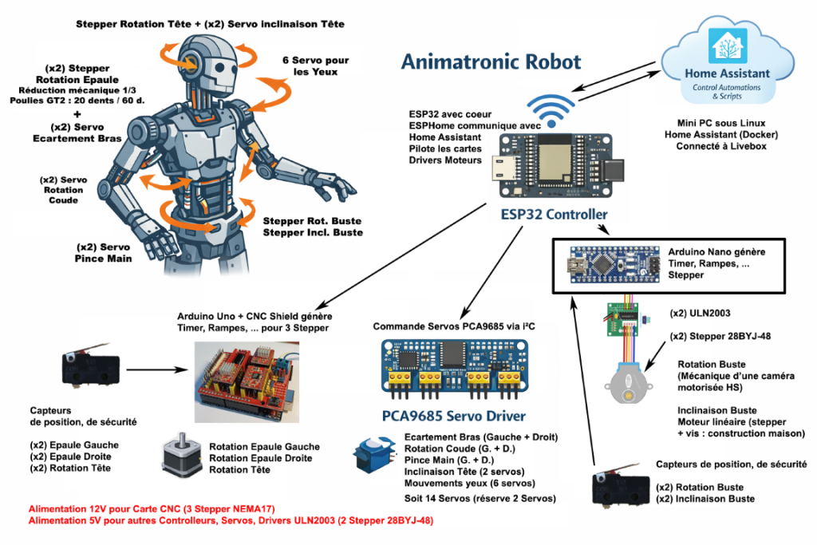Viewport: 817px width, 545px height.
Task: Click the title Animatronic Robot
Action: [491, 61]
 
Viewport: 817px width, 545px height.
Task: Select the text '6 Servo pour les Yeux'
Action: [315, 65]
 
